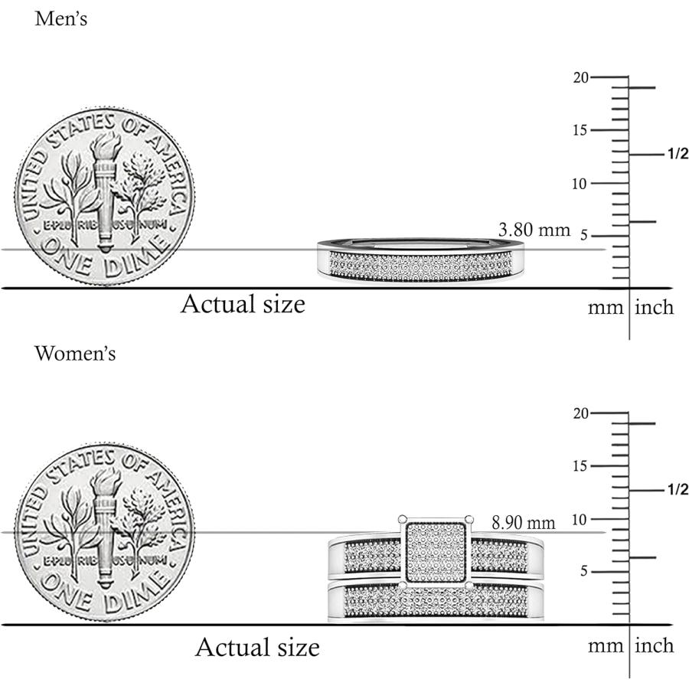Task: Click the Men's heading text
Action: (61, 19)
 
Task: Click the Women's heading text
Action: (75, 354)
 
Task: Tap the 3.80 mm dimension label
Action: (534, 230)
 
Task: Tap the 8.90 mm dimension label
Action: (524, 523)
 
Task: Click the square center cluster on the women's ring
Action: (436, 551)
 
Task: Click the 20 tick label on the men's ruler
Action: (580, 78)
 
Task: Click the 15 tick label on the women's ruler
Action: (580, 465)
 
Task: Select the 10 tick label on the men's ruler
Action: (580, 184)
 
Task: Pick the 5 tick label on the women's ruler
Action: (583, 571)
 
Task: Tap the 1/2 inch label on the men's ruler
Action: (678, 154)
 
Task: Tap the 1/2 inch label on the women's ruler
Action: (678, 489)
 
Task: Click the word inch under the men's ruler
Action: (655, 307)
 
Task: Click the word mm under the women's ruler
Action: (606, 646)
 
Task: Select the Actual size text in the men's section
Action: (243, 304)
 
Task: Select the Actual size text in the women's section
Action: (257, 647)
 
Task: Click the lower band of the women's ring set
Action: (436, 601)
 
